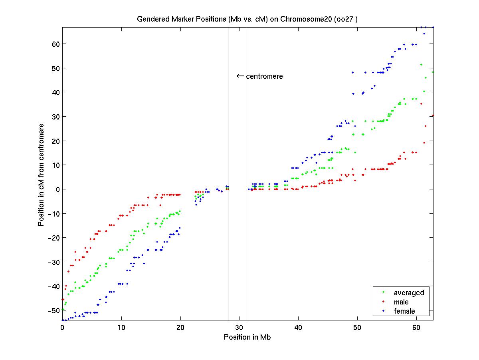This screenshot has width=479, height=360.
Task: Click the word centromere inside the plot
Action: click(264, 76)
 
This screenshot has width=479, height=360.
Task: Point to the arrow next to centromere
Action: click(240, 76)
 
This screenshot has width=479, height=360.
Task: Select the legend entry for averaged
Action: click(409, 293)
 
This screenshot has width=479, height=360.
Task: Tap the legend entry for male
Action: click(401, 302)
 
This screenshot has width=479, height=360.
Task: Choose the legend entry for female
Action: click(404, 311)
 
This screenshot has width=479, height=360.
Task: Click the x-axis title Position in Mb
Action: click(247, 337)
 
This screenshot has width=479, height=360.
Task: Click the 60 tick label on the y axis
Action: click(55, 44)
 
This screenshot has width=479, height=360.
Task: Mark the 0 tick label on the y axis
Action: click(57, 189)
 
